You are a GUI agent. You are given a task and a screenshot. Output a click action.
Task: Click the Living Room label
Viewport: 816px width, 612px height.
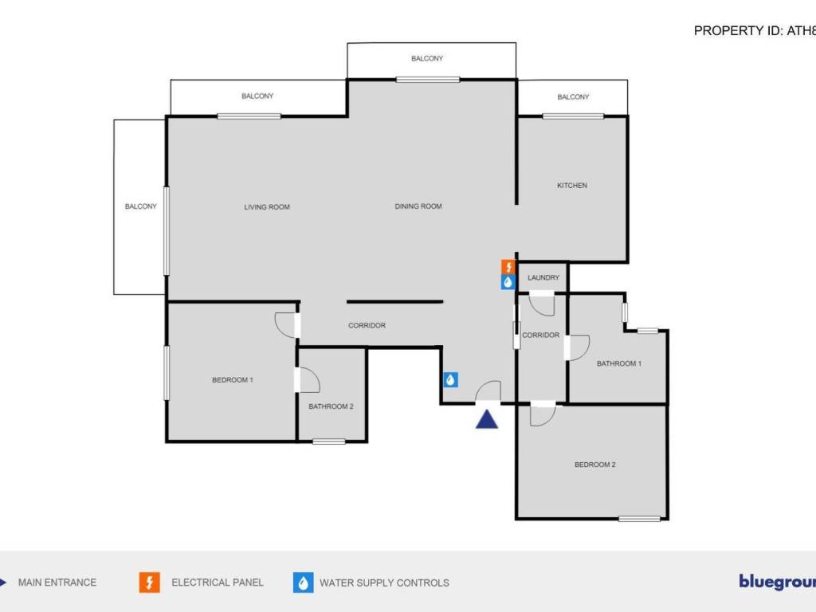267,207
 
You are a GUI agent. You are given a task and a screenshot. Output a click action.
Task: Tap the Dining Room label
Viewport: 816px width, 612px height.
418,206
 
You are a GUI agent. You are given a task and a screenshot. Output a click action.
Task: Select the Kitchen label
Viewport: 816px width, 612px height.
572,186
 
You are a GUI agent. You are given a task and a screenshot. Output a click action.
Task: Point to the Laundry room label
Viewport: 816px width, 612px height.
543,277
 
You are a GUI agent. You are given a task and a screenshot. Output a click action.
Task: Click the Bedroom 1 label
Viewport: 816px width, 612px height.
233,380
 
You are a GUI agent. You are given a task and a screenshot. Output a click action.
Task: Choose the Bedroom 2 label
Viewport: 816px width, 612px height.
595,465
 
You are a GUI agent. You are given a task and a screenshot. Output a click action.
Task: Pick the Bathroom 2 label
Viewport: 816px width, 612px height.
331,406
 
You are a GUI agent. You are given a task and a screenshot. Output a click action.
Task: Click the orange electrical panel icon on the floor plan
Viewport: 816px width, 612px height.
508,267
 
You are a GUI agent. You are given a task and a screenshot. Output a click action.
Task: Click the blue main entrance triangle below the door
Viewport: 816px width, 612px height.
487,419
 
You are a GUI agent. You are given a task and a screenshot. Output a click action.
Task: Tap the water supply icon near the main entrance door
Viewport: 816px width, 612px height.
450,380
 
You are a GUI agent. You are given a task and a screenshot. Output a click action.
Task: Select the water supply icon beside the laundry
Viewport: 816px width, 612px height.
508,282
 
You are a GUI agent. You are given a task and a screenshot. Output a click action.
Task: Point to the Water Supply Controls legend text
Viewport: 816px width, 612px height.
384,583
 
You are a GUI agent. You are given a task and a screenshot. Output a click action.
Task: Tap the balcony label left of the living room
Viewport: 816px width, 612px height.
141,206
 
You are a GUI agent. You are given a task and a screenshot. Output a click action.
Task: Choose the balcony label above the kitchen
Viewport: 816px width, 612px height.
573,97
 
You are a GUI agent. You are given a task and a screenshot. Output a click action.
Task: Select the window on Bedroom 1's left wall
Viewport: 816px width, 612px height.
167,371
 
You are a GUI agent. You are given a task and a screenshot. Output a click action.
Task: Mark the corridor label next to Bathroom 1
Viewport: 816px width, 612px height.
540,335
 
